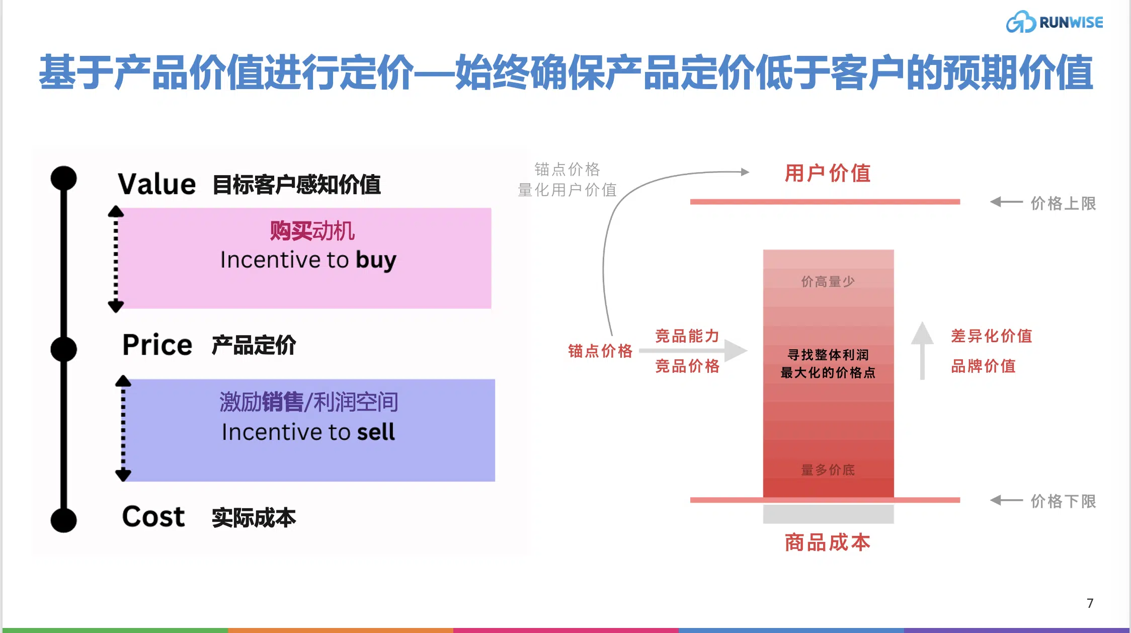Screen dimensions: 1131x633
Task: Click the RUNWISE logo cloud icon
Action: coord(1020,22)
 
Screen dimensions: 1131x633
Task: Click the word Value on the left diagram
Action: coord(156,184)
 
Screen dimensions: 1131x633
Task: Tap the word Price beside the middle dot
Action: coord(157,345)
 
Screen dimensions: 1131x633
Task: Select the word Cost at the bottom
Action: coord(153,516)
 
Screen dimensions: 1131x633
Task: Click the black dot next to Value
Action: coord(63,179)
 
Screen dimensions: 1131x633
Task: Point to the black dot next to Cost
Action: coord(63,520)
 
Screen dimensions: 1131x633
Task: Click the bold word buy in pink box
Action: coord(376,261)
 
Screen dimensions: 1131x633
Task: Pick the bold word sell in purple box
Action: coord(376,432)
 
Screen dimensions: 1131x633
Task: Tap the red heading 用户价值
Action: coord(828,173)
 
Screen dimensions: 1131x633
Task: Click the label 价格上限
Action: coord(1063,203)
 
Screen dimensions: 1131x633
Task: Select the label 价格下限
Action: coord(1063,501)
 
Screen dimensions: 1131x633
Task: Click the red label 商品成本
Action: coord(828,542)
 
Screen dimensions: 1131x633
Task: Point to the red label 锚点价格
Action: coord(600,351)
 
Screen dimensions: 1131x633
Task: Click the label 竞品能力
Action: coord(687,336)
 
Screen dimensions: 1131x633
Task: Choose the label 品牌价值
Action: coord(983,366)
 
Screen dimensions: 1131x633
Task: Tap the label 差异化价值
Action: coord(991,336)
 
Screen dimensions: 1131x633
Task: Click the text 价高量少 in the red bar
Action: coord(828,281)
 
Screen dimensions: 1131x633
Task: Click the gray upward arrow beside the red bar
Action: coord(922,351)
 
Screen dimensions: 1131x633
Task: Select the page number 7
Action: coord(1090,603)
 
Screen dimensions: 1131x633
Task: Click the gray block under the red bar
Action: coord(828,514)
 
